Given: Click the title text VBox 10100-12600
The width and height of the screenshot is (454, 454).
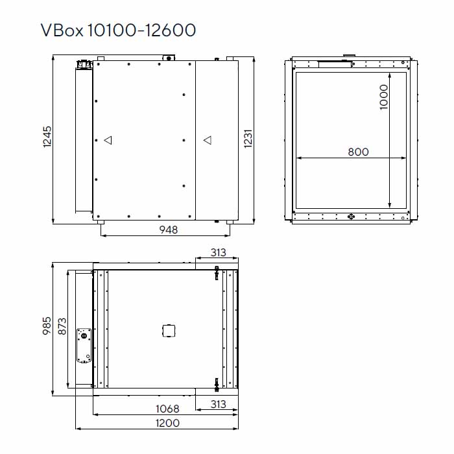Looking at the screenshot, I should tap(117, 30).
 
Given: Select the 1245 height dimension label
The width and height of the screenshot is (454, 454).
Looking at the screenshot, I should tap(47, 138).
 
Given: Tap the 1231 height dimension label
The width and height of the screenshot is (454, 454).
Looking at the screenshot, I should tap(248, 138).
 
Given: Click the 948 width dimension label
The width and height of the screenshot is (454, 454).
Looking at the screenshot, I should tap(169, 229).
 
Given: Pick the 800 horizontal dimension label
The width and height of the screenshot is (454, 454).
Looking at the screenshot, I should tap(358, 152).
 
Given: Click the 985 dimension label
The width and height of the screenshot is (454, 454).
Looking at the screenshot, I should tap(47, 324).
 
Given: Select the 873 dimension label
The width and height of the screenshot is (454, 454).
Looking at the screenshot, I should tap(62, 324).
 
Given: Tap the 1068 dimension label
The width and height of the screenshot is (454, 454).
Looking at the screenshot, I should tap(167, 409).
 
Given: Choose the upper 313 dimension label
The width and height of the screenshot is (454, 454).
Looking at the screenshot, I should tap(219, 252).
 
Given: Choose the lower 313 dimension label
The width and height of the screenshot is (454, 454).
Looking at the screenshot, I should tap(219, 404).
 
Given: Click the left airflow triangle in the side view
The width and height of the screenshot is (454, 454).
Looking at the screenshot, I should tap(108, 139).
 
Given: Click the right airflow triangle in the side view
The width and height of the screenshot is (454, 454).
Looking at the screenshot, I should tap(207, 139).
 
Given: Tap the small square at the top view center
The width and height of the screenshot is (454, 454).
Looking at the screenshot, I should tap(167, 331).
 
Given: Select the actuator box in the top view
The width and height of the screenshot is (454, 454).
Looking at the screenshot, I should tap(84, 346).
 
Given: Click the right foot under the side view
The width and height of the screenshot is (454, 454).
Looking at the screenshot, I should tap(228, 222).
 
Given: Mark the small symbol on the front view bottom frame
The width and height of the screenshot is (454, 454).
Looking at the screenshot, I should tap(351, 217).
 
